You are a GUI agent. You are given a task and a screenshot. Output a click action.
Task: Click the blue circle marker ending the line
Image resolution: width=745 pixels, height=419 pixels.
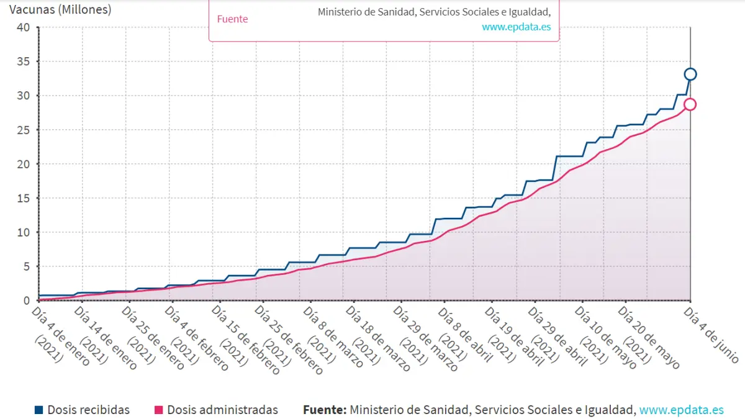click(x=690, y=74)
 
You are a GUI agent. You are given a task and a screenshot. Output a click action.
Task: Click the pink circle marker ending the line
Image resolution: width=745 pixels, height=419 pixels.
click(x=690, y=104)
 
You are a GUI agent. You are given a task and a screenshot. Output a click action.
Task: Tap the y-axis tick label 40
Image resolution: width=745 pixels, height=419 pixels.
click(x=23, y=27)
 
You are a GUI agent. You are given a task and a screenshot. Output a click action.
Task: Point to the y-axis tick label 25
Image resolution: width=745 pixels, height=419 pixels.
click(x=23, y=130)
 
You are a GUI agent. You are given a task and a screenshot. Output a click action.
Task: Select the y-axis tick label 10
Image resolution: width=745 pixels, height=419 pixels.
click(x=23, y=232)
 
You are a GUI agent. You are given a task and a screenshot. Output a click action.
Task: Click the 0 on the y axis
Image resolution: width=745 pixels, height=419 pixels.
click(x=26, y=300)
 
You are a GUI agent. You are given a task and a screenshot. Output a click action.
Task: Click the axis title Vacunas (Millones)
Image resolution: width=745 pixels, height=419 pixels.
click(x=60, y=10)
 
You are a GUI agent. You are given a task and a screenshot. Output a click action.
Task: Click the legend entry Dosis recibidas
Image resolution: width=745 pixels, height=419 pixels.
click(x=88, y=410)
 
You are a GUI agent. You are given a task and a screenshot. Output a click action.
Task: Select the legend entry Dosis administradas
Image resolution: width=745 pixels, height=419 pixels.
click(x=222, y=410)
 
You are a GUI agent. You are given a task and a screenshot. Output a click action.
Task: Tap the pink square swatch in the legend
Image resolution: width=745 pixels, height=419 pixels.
click(x=158, y=410)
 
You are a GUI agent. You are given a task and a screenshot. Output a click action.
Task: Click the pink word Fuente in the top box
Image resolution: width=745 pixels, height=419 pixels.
click(x=232, y=19)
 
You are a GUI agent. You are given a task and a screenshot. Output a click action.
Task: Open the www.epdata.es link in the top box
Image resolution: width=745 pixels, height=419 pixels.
click(x=516, y=27)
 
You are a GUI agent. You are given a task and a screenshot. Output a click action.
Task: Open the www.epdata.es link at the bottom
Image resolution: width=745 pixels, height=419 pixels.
click(x=681, y=410)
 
